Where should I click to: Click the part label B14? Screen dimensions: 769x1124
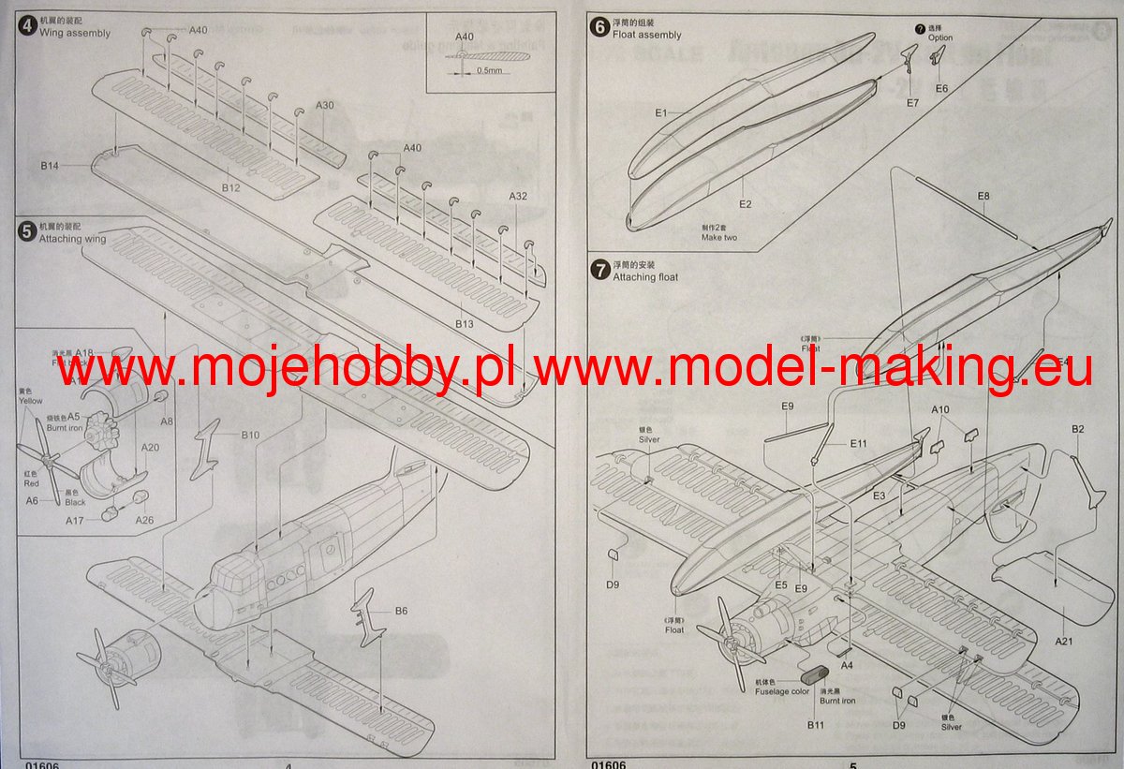(x=50, y=166)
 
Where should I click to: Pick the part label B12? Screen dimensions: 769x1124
(x=231, y=188)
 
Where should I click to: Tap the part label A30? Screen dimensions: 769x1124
(x=324, y=105)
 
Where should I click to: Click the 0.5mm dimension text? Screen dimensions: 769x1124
(x=488, y=70)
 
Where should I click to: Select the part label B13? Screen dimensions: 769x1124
(x=465, y=323)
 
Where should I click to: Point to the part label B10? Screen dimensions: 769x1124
(x=250, y=435)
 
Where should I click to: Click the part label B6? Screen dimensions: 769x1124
(x=401, y=611)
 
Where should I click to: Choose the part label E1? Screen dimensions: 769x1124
(x=660, y=112)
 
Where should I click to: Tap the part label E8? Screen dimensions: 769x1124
(x=983, y=196)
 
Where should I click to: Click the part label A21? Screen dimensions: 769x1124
(x=1063, y=642)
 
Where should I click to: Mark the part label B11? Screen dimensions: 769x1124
(x=815, y=724)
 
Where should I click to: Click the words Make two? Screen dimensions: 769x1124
(x=719, y=238)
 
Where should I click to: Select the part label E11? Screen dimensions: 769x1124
(x=859, y=443)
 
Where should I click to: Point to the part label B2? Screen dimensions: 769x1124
(x=1078, y=429)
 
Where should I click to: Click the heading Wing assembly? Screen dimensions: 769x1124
(x=75, y=33)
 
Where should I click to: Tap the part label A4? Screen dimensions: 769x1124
(x=847, y=665)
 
